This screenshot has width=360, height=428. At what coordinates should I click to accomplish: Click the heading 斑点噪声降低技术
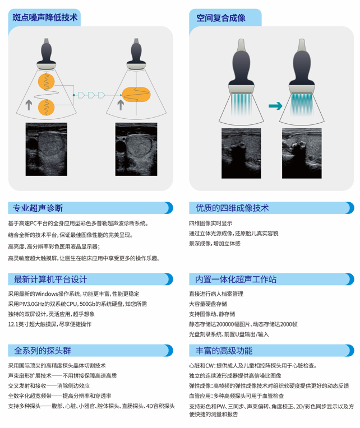tap(45, 18)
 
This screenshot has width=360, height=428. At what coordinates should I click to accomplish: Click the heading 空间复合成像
tap(221, 18)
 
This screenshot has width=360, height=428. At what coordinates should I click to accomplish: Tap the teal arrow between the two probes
tap(275, 106)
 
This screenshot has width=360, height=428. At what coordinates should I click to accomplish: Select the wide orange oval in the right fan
tap(136, 95)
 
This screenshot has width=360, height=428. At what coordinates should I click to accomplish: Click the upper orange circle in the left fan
tap(46, 81)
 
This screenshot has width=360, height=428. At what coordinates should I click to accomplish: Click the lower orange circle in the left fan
tap(46, 107)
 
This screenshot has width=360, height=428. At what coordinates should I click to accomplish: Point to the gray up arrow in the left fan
tap(29, 105)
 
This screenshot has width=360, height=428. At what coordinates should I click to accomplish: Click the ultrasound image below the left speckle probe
tap(47, 149)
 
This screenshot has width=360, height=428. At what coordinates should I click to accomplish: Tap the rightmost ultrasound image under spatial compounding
tap(302, 153)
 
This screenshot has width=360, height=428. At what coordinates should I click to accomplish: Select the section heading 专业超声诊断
tap(38, 208)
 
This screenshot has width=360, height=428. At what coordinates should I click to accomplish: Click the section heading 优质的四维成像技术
tap(232, 208)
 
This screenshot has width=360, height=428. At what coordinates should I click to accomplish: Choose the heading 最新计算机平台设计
tap(50, 279)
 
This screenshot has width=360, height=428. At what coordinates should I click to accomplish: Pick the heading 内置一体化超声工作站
tap(236, 279)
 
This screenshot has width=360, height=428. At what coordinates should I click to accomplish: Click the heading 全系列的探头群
tap(43, 351)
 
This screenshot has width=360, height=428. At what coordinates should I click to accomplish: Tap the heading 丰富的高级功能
tap(224, 351)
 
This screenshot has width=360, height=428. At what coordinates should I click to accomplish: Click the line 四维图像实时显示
tap(211, 224)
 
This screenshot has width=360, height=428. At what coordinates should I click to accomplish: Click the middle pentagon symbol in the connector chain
tap(91, 95)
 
